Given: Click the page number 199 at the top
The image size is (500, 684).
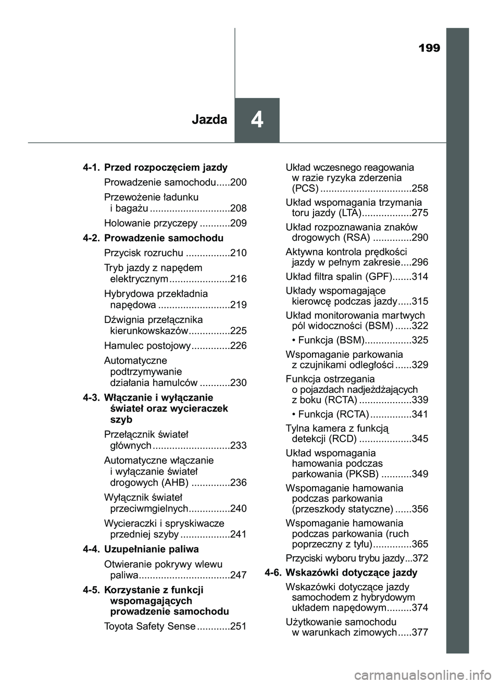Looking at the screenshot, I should tap(429, 48).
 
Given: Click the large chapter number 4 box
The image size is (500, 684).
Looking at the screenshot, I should tap(257, 120).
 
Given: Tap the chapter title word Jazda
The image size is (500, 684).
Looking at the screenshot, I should tap(209, 120).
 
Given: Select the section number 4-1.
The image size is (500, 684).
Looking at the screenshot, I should tap(91, 168).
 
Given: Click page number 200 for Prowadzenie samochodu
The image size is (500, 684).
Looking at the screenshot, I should tap(239, 183).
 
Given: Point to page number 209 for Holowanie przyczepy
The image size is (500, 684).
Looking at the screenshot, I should tap(239, 223).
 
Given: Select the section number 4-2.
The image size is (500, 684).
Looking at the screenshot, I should tap(91, 238).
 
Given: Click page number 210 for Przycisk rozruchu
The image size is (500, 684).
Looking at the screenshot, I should tap(239, 253).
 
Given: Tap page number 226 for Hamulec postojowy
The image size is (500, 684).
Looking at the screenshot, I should tap(239, 346).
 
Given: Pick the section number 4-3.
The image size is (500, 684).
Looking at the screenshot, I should tap(91, 398).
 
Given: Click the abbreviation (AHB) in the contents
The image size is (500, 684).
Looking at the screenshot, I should tap(175, 483).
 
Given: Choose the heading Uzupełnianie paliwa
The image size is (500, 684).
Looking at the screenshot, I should tap(152, 550).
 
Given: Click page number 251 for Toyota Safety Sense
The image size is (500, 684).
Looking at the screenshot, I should tap(239, 627).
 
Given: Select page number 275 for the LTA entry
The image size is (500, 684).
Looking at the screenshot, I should tap(420, 213).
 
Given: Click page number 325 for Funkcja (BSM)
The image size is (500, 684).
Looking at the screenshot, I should tap(420, 341).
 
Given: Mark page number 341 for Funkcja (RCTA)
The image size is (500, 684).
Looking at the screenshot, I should tap(420, 415).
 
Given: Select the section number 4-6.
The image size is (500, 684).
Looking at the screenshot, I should tap(273, 573).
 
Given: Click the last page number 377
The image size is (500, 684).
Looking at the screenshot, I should tap(420, 633).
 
